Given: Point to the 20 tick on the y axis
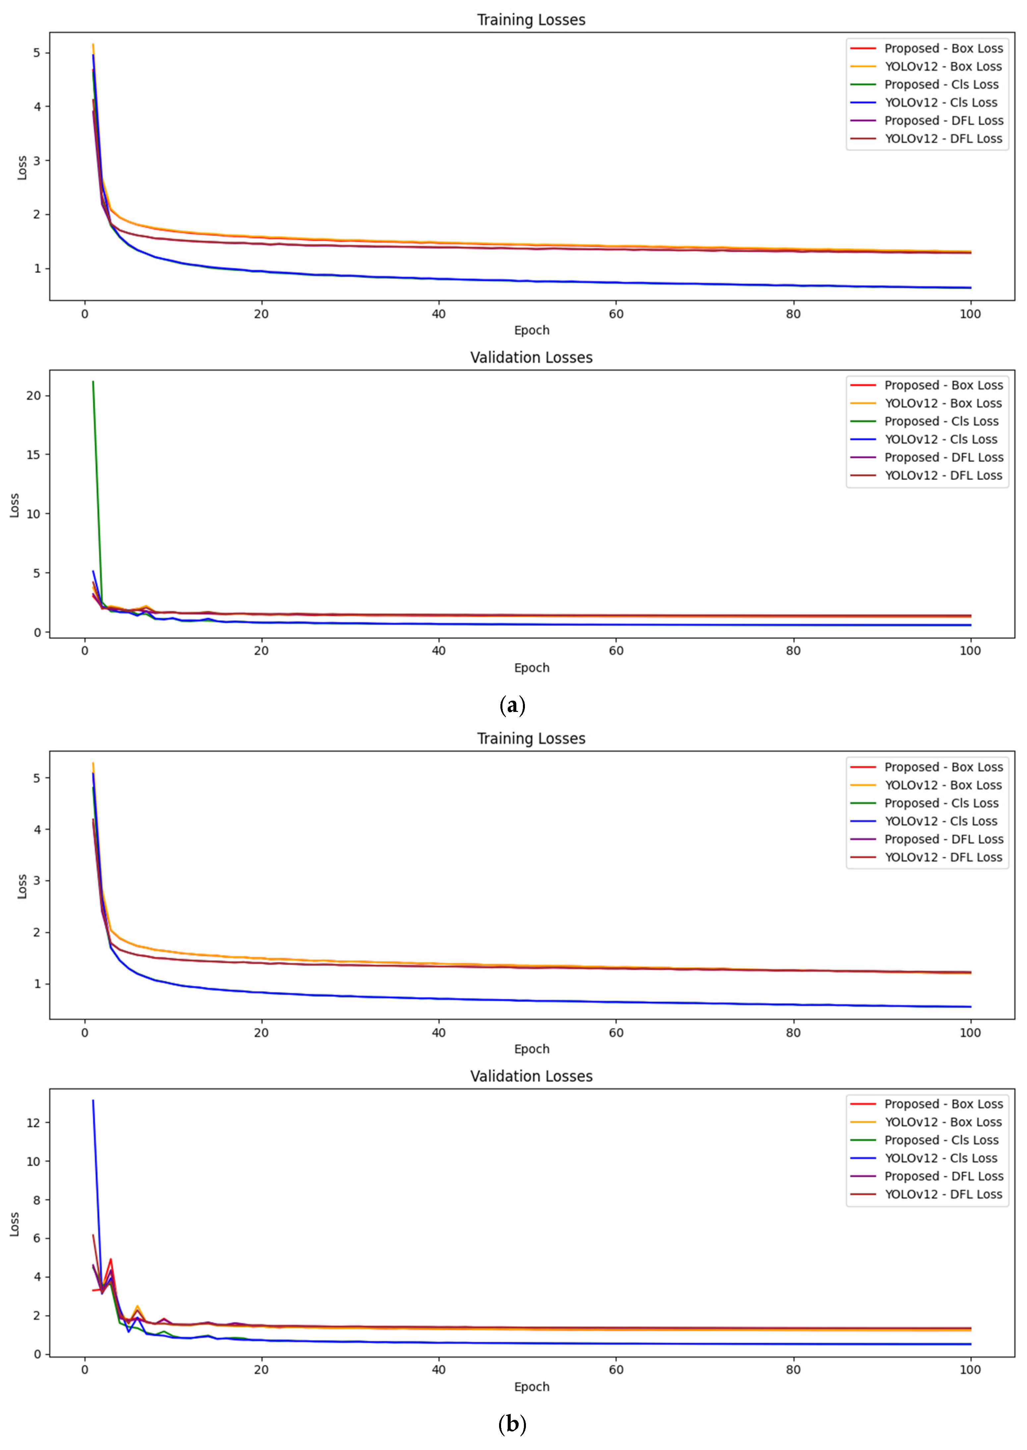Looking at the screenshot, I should (33, 396).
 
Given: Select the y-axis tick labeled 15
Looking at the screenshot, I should (33, 455).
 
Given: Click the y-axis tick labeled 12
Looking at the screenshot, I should (33, 1123).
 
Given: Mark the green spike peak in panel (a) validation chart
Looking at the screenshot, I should (93, 381).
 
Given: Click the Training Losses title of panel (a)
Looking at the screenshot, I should (531, 20).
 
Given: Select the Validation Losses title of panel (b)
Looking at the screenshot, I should (531, 1076).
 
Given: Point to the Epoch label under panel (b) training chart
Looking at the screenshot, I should (531, 1049).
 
